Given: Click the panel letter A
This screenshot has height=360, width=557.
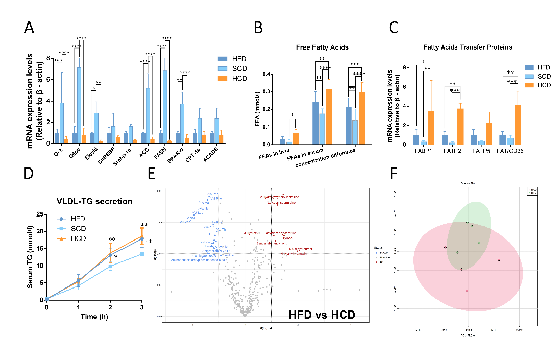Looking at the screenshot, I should [x=30, y=29].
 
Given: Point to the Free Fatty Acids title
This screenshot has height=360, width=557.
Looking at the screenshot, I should [x=322, y=47].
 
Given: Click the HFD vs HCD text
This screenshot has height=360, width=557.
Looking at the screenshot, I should [x=322, y=313].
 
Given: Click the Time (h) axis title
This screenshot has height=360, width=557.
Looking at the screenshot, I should [x=94, y=317].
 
